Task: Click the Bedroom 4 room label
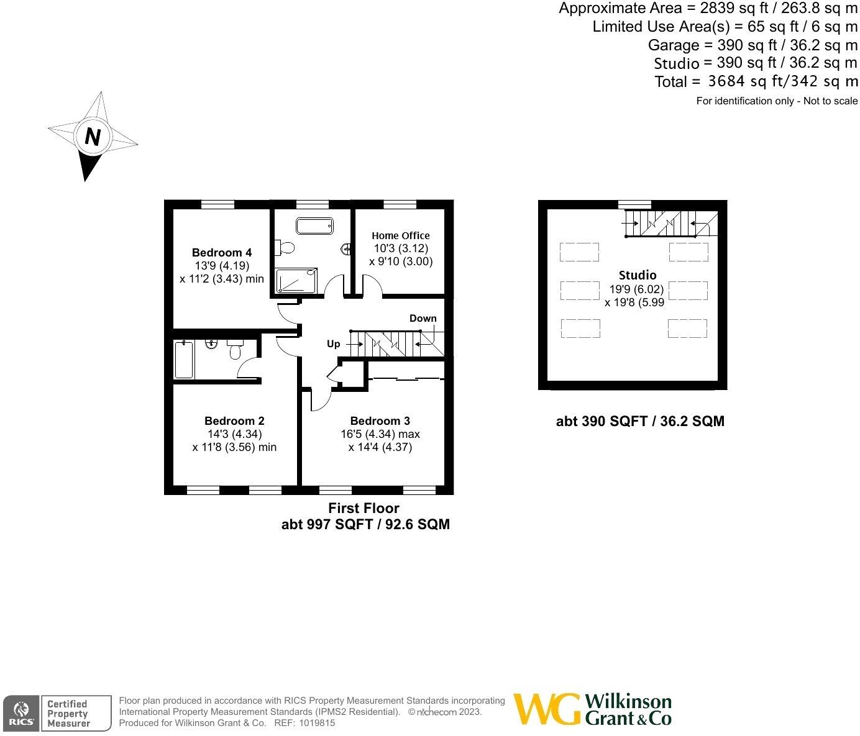(x=221, y=252)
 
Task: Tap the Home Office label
(x=400, y=235)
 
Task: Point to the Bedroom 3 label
(x=380, y=420)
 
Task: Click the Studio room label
(x=637, y=275)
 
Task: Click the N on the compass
(x=92, y=137)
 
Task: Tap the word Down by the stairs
(x=423, y=318)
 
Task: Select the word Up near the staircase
(x=334, y=343)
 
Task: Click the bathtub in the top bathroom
(x=314, y=225)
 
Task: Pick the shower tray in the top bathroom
(x=296, y=280)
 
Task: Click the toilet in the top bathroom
(x=286, y=247)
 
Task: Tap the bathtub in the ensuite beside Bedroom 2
(x=184, y=360)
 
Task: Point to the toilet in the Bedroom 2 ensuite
(x=235, y=350)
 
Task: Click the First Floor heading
(x=364, y=508)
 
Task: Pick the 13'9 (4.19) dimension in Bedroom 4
(x=221, y=266)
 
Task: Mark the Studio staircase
(x=669, y=224)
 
